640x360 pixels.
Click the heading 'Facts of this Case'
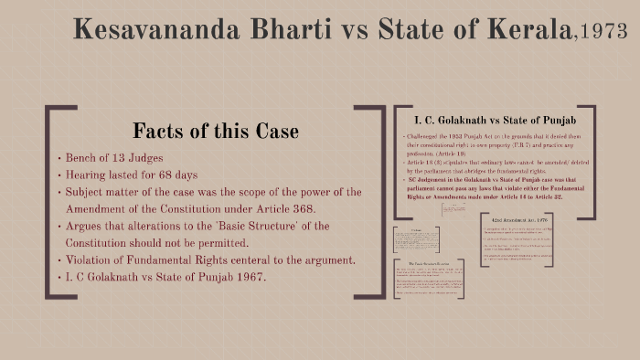coord(215,130)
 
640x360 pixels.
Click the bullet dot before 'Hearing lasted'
coord(59,175)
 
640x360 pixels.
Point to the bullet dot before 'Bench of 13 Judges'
coord(59,158)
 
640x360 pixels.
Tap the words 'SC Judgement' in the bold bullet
coord(428,179)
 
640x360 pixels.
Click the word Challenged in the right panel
coord(427,136)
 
